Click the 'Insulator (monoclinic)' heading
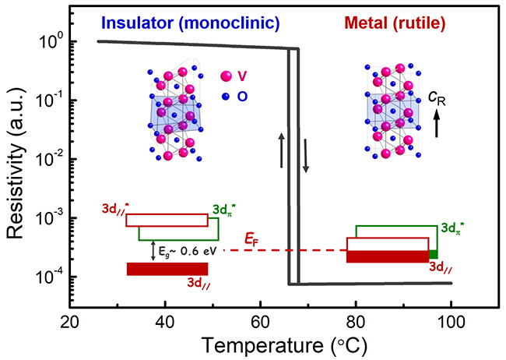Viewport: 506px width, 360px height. coord(191,23)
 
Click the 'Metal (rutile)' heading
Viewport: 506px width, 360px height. coord(393,23)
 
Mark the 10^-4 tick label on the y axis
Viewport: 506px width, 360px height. coord(47,277)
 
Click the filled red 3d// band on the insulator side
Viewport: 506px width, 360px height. coord(167,269)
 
